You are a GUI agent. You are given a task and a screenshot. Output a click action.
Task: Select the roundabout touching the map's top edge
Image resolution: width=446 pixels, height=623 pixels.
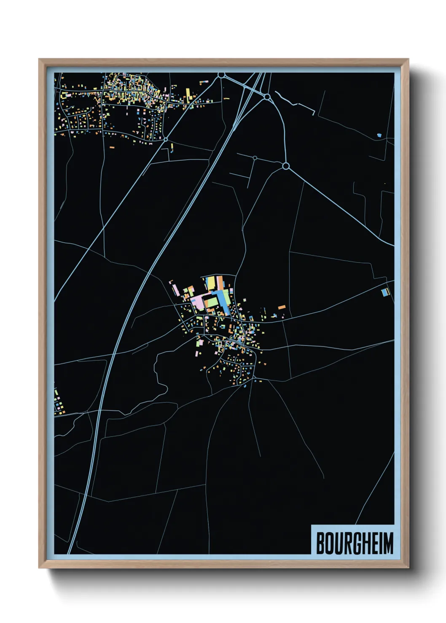click(x=221, y=75)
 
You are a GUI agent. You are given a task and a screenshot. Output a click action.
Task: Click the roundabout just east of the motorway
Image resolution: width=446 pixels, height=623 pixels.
click(x=267, y=97)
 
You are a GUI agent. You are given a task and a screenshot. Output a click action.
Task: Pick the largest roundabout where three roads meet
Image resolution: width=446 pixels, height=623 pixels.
click(x=285, y=166)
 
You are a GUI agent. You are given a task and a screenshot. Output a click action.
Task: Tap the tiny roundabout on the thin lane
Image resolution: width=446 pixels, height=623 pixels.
click(x=255, y=158)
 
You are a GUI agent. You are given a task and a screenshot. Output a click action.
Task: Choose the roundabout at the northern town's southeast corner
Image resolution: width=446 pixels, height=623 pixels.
click(x=166, y=139)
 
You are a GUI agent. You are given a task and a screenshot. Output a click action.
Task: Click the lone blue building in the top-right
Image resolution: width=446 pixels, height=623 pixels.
click(x=379, y=135)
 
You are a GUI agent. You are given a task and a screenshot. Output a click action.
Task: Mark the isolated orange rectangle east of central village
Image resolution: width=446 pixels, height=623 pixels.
click(x=282, y=307)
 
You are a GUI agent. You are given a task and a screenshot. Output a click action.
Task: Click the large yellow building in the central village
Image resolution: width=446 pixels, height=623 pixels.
click(x=210, y=283)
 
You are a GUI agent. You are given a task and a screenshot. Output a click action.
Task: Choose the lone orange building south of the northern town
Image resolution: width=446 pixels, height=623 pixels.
click(x=112, y=147)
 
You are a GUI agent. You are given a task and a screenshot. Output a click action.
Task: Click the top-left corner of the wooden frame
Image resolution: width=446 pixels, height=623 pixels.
click(x=40, y=60)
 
